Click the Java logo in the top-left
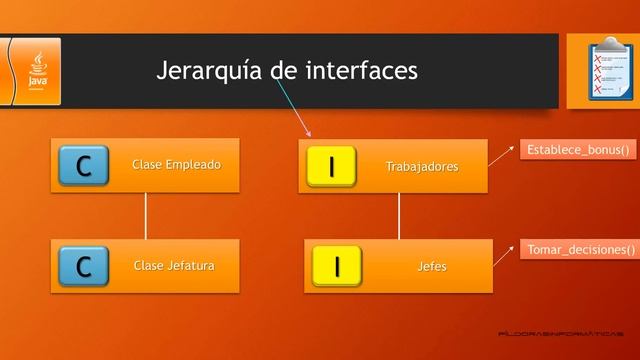(36, 70)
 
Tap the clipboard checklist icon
(602, 67)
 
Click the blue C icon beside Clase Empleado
(84, 166)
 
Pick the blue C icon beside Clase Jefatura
(84, 266)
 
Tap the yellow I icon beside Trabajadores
(331, 167)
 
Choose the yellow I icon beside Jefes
(337, 266)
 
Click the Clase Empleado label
(177, 164)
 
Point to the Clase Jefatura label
(174, 265)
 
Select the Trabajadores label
(422, 167)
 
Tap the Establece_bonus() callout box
(578, 150)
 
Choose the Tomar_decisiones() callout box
(578, 249)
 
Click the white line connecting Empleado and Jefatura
(146, 215)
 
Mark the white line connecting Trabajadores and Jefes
(399, 215)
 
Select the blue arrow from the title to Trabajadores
(291, 110)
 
